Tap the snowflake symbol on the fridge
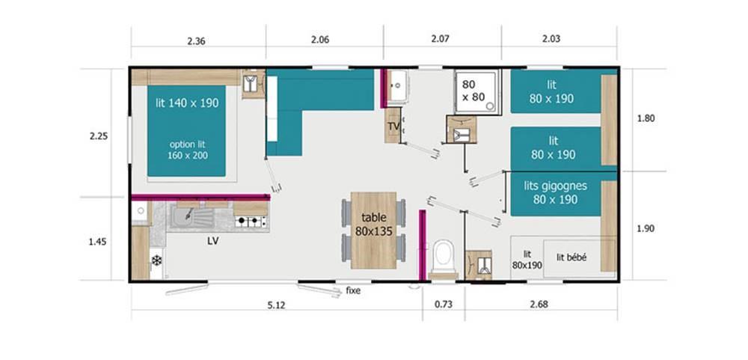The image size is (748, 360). [156, 260]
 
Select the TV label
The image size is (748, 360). [393, 126]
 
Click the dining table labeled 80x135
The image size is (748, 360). [373, 230]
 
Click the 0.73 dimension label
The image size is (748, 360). [443, 304]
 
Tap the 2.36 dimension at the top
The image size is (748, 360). [196, 41]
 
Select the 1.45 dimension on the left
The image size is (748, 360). [98, 242]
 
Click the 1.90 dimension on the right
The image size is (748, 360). [646, 229]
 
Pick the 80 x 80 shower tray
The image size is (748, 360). [477, 92]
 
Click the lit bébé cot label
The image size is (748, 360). [571, 257]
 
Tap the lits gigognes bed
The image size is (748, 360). [555, 193]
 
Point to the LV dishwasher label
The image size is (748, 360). [212, 242]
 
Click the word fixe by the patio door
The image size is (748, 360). [354, 290]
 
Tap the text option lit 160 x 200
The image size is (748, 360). [188, 150]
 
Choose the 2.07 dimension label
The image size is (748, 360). [440, 39]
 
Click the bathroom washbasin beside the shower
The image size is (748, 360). [397, 86]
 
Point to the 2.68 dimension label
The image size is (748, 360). [539, 304]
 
